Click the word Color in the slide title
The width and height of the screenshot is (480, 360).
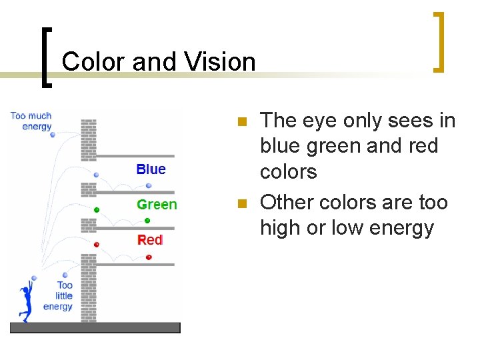click(92, 62)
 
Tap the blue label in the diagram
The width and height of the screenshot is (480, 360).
click(151, 169)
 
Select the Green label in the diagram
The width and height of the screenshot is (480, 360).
click(157, 205)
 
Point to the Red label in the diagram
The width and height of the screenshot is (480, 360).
click(150, 240)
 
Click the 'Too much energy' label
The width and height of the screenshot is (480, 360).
click(31, 121)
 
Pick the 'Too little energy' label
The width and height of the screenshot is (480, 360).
click(59, 296)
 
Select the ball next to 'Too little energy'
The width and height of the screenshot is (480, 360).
click(65, 275)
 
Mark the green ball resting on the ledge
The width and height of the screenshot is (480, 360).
click(147, 221)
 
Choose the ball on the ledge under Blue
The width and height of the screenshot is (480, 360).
click(149, 186)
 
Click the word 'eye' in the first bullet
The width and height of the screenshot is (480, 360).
click(321, 121)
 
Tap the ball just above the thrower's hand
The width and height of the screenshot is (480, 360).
click(34, 278)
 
